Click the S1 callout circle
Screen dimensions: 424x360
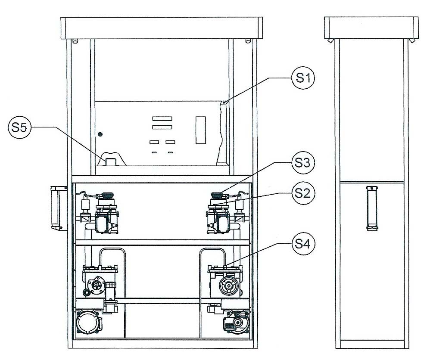[x=303, y=78]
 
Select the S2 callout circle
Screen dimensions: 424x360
[x=303, y=193]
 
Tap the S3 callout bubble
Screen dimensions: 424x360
[x=303, y=163]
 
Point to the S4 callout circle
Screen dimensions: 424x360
[x=303, y=243]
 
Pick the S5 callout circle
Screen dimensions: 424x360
[x=20, y=127]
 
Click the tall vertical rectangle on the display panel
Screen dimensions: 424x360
[x=201, y=130]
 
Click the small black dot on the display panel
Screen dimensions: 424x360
[x=100, y=134]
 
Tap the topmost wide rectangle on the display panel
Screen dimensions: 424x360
[x=162, y=118]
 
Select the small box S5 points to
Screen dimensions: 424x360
[x=110, y=162]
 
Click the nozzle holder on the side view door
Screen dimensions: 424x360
[x=372, y=208]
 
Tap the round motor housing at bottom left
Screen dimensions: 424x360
[x=87, y=323]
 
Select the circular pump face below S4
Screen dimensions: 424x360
[x=229, y=286]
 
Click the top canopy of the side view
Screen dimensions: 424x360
[x=371, y=28]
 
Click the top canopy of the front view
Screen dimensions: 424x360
[x=162, y=28]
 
